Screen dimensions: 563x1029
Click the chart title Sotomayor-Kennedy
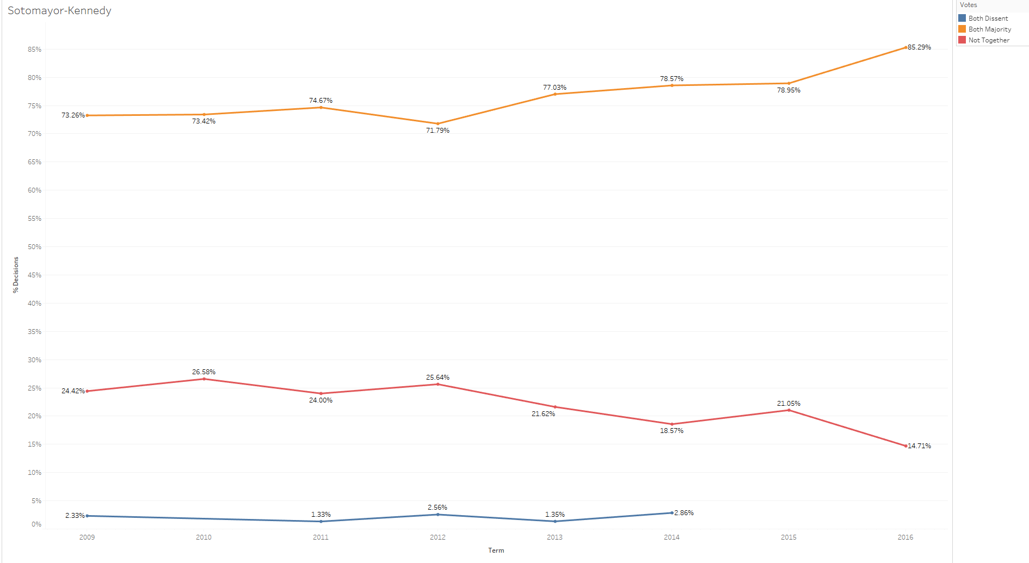point(59,11)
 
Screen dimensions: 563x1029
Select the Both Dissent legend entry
point(988,18)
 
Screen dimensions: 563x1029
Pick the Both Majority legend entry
point(989,29)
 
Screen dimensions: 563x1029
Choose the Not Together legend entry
point(988,40)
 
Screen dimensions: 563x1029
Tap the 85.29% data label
point(919,47)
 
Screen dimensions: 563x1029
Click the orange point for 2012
point(438,123)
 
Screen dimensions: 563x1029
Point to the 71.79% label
point(438,131)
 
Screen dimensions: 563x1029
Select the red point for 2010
point(204,379)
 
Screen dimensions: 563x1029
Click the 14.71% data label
point(919,446)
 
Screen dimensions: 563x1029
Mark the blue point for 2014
point(671,512)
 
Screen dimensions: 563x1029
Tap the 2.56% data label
point(438,508)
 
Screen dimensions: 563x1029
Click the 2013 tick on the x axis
point(554,537)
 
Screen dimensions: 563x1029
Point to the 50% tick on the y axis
point(34,247)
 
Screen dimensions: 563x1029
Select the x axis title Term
point(496,550)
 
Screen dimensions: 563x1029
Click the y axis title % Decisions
point(16,275)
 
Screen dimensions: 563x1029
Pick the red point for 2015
point(788,410)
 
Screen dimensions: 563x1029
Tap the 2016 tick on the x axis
point(905,537)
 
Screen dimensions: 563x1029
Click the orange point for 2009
point(87,115)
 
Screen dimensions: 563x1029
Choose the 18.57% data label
point(671,431)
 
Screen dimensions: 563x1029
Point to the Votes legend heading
point(968,5)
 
